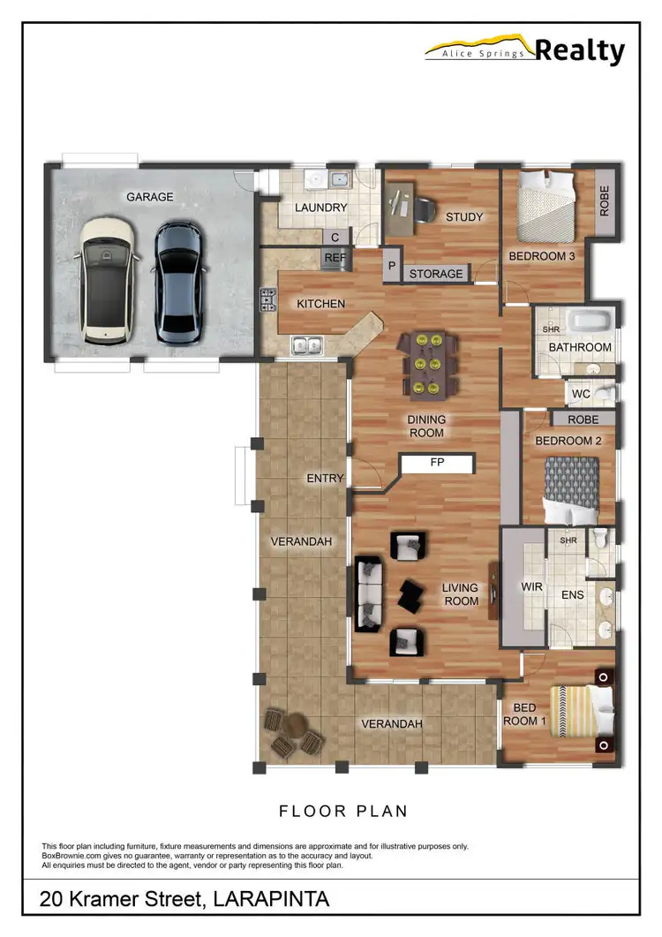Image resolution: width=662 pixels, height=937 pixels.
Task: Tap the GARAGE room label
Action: [149, 197]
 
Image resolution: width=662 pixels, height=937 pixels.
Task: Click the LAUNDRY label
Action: [320, 208]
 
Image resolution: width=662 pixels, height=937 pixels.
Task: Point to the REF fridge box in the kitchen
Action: [335, 257]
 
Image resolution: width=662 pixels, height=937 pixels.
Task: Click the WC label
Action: [581, 393]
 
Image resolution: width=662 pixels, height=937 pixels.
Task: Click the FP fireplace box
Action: [437, 462]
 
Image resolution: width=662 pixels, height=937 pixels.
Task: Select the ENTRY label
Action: [325, 478]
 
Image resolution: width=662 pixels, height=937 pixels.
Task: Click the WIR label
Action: [532, 586]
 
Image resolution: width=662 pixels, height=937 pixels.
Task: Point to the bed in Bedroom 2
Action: [570, 491]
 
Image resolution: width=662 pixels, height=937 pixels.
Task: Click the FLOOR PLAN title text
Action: [342, 810]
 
